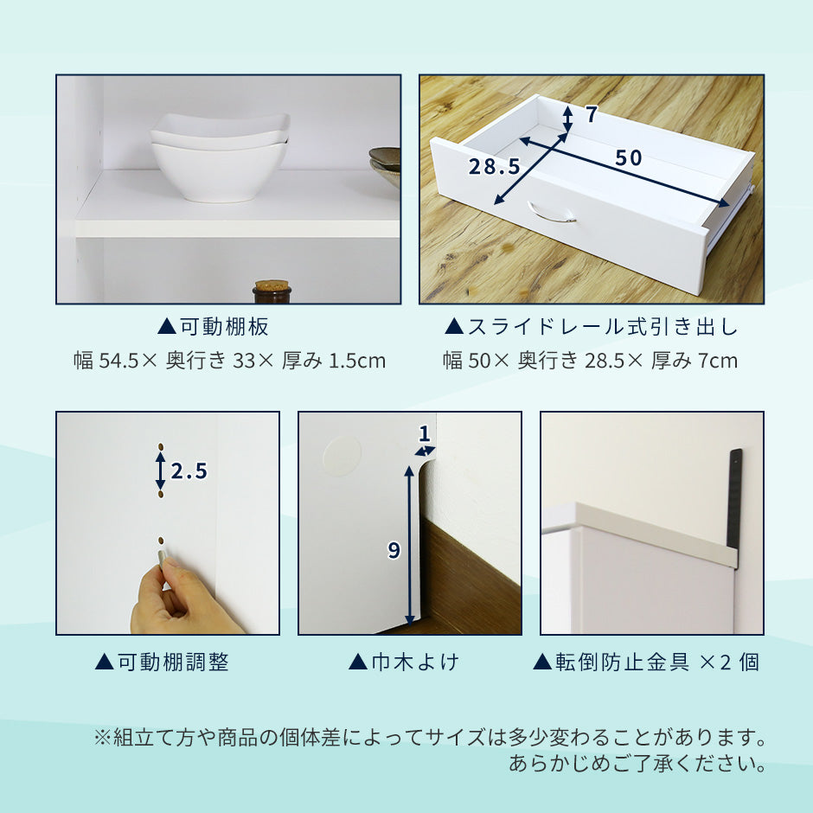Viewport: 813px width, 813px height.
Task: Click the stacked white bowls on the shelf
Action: [x=220, y=157]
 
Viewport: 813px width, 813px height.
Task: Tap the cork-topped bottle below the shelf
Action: [x=272, y=292]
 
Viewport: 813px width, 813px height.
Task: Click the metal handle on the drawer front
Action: [x=552, y=212]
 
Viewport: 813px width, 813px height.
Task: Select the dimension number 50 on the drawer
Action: [x=629, y=157]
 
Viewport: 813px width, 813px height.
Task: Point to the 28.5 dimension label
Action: [x=494, y=166]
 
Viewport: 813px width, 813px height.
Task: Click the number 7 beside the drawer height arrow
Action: [x=591, y=114]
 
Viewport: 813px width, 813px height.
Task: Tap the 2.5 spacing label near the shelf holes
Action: [x=189, y=471]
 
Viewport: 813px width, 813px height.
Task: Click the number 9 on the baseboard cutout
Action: [x=394, y=549]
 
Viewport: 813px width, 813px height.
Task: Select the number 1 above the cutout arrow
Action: [x=425, y=433]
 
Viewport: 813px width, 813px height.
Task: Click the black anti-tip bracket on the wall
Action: [x=735, y=499]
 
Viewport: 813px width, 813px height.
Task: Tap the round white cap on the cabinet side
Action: [x=342, y=455]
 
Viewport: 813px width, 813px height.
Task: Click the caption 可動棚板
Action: [x=224, y=327]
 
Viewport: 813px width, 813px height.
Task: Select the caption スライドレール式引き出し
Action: [x=603, y=327]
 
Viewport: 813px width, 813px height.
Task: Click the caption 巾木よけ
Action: [x=415, y=663]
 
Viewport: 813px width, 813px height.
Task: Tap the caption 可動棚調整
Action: [x=173, y=663]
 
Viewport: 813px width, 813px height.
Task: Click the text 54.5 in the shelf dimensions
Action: [x=118, y=361]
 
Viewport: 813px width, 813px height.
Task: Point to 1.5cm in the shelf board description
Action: [x=357, y=361]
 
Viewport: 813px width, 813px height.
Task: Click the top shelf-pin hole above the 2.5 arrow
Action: [x=161, y=446]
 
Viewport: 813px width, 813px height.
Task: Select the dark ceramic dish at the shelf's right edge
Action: [x=385, y=166]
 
